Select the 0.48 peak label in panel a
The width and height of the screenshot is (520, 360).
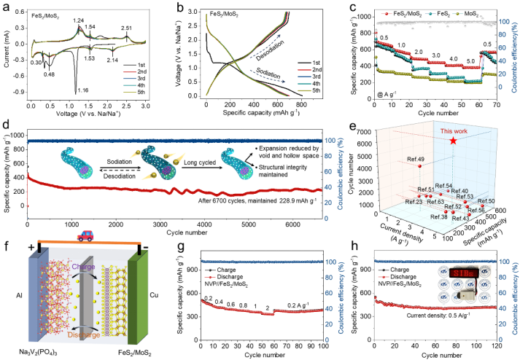coord(50,75)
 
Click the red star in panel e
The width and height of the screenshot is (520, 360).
coord(454,139)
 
